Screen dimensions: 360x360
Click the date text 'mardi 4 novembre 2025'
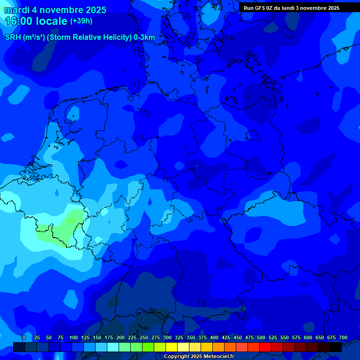pos(55,10)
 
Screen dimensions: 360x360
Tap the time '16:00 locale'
pos(36,21)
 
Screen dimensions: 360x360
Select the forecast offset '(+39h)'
pos(81,21)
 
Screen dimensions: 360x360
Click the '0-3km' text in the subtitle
pos(144,37)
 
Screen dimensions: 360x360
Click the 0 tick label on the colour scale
pos(24,337)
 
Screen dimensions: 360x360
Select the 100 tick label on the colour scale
pos(74,337)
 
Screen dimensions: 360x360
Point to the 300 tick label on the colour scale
pos(167,337)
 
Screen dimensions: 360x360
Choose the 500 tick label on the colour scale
pos(261,337)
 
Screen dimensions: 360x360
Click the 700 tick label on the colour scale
pos(343,337)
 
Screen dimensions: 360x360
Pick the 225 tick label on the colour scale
pos(132,337)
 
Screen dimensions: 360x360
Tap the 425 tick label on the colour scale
pos(226,337)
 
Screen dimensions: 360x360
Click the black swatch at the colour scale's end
pos(336,347)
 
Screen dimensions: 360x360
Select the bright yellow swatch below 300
pos(172,347)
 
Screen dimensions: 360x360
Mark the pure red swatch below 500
pos(265,347)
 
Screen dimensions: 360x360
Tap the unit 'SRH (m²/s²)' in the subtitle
pos(25,37)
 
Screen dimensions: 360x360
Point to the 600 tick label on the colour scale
pos(308,337)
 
